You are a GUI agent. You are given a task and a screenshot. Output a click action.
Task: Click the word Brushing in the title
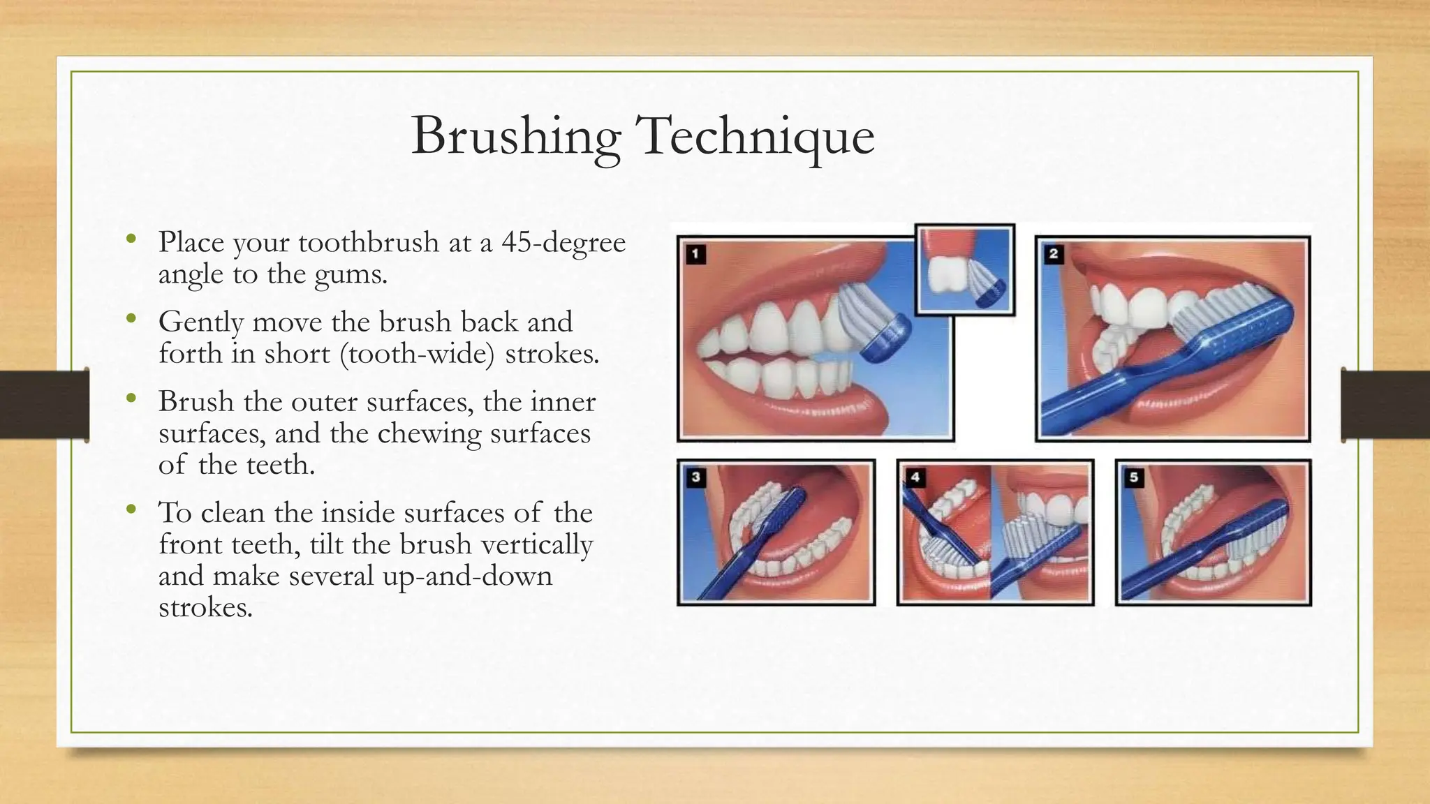515,136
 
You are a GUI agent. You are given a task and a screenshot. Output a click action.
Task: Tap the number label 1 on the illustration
695,254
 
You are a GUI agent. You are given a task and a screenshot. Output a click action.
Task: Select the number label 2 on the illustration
1054,254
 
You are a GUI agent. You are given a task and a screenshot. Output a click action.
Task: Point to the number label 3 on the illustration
695,477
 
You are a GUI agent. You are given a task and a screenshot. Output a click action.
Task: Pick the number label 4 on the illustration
915,477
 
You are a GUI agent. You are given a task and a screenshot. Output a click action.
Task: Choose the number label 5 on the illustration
1134,477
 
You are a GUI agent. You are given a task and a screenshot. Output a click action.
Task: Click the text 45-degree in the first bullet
563,242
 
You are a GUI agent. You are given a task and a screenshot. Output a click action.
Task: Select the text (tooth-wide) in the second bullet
418,354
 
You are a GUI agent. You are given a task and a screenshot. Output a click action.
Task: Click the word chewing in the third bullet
429,433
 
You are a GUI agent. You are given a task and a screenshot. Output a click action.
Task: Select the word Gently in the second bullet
201,322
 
